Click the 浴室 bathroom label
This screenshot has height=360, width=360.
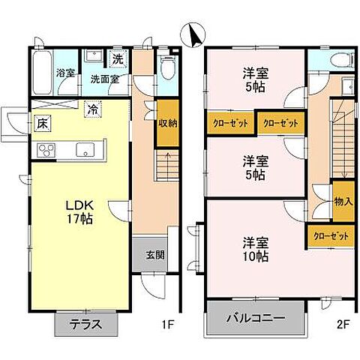coord(65,73)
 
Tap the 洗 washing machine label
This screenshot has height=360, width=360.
coord(118,58)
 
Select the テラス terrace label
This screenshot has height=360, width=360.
coord(87,325)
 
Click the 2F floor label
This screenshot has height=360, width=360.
coord(343,325)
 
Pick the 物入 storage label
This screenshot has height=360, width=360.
coord(343,201)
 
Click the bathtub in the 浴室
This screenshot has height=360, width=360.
coord(43,73)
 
